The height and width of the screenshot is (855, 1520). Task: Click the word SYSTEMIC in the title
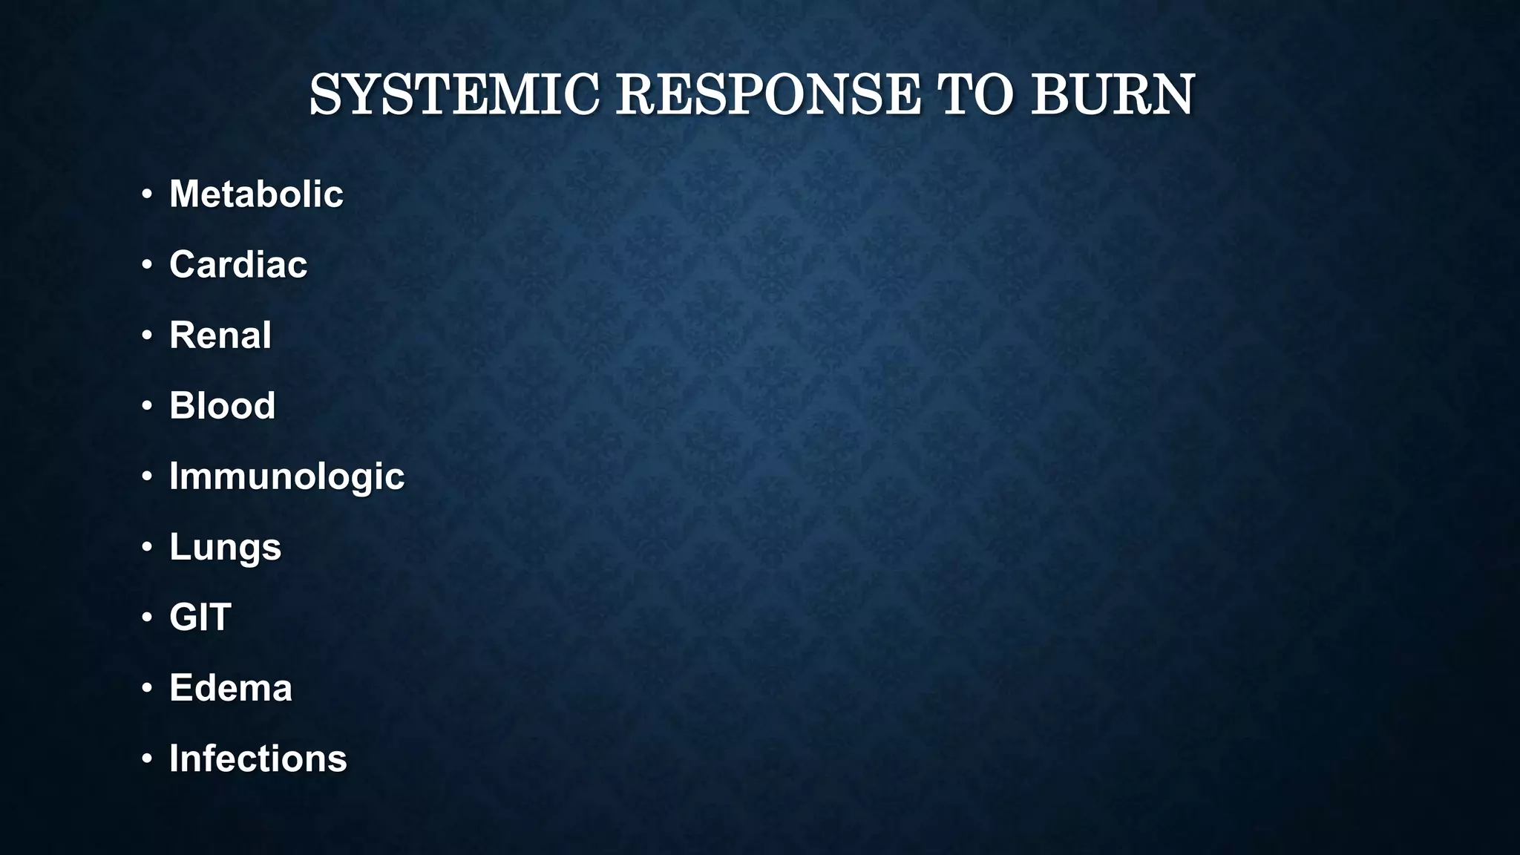[453, 95]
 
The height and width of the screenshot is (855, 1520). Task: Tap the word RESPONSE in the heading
[768, 95]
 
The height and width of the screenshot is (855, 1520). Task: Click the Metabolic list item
[256, 194]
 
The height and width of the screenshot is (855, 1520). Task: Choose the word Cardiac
[238, 265]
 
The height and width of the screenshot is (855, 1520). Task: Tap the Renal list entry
[220, 335]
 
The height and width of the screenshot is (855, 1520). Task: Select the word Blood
[223, 406]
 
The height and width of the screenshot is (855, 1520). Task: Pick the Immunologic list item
[286, 476]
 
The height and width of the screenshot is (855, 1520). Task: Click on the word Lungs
[226, 548]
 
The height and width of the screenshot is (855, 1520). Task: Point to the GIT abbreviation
[200, 617]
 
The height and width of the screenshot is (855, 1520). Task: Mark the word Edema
[231, 688]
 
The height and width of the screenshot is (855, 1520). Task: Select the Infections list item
[258, 759]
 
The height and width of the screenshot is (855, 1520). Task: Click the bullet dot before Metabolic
[147, 194]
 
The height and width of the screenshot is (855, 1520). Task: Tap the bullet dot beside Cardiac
[147, 265]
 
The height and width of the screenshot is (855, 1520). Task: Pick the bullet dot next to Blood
[147, 406]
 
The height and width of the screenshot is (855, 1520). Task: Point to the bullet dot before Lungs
[147, 547]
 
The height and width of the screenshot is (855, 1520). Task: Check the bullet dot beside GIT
[147, 617]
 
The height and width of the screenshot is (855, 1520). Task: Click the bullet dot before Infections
[147, 759]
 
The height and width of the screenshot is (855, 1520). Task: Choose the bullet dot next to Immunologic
[147, 476]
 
